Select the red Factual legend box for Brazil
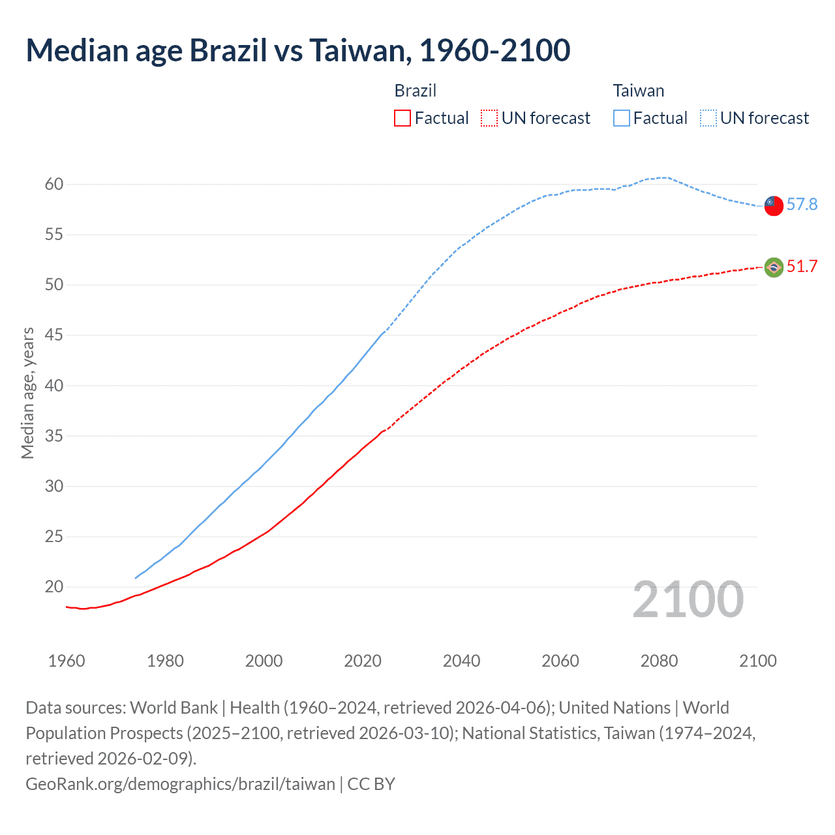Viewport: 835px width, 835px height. [x=402, y=118]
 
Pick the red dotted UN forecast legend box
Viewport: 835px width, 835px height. [x=489, y=118]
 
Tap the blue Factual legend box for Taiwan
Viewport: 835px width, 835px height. [x=622, y=118]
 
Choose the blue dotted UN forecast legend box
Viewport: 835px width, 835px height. [x=708, y=118]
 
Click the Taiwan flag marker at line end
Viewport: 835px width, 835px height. [x=774, y=205]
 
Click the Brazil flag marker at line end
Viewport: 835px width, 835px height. [x=774, y=267]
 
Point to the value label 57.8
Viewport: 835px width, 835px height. [x=802, y=205]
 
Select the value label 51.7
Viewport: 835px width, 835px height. [x=802, y=266]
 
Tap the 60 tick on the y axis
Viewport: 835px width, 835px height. [x=54, y=184]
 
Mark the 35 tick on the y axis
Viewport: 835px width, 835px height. [x=54, y=436]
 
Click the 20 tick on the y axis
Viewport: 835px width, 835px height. [x=54, y=587]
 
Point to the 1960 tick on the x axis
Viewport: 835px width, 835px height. [x=67, y=661]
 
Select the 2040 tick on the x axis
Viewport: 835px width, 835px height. [x=462, y=661]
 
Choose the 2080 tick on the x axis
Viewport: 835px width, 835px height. [x=659, y=661]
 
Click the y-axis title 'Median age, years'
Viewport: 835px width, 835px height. [x=28, y=393]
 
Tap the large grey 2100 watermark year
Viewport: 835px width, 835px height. [x=688, y=600]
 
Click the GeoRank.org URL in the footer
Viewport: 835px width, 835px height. [x=180, y=783]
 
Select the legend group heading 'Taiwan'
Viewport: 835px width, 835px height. [x=639, y=91]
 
